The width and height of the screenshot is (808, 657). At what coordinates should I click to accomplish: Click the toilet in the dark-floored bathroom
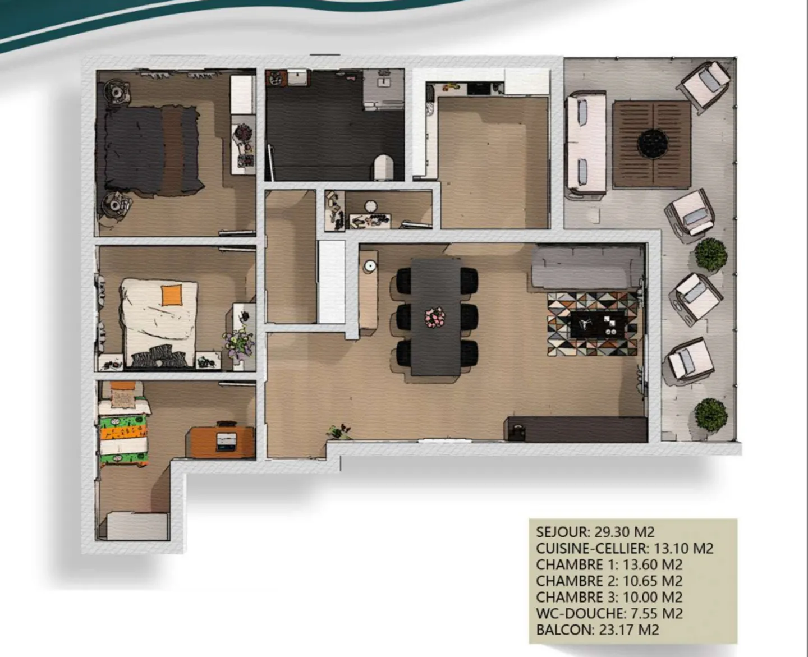point(384,167)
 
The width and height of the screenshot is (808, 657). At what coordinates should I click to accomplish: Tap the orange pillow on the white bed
point(172,295)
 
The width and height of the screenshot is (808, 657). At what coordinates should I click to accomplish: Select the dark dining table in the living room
point(436,317)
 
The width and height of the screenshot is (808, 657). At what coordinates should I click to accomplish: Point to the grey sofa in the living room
point(587,268)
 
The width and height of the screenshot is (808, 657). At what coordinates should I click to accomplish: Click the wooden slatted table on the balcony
point(651,144)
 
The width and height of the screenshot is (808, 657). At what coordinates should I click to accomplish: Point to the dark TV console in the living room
point(576,429)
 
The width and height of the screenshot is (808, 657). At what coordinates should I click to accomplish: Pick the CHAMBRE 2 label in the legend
point(577,581)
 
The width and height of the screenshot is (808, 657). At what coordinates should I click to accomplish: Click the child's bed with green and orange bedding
point(123,429)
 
